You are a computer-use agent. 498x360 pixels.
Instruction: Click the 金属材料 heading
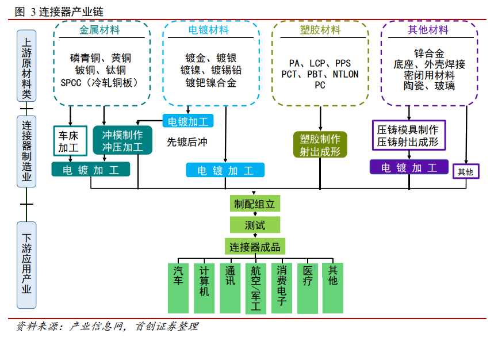99,30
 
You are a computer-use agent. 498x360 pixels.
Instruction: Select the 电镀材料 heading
209,30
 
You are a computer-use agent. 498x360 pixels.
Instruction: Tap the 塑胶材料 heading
320,30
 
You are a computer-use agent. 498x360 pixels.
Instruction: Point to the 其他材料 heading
428,30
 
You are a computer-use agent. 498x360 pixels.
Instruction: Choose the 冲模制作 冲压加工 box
122,141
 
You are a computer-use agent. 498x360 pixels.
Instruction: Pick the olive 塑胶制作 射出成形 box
320,145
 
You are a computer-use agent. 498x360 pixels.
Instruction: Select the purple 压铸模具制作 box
408,136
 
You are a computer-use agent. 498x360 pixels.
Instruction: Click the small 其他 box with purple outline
465,171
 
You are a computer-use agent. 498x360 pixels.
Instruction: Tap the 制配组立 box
255,204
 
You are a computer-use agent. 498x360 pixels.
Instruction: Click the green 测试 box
255,225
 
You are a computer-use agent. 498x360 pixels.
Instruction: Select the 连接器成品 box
255,247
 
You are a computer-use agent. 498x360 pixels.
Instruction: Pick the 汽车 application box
178,288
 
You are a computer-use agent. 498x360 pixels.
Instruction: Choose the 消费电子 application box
282,288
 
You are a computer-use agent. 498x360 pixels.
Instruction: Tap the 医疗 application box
308,288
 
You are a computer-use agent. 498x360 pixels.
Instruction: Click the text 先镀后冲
187,141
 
